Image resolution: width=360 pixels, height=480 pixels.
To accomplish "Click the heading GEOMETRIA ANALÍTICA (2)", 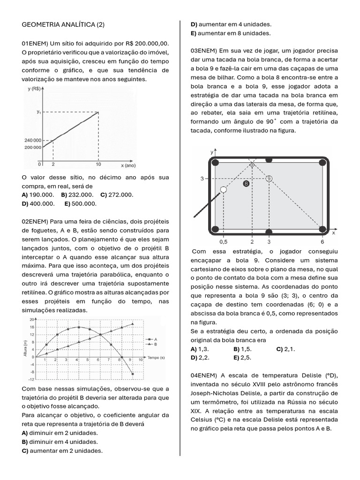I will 64,24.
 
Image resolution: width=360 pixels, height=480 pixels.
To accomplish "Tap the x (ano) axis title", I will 128,165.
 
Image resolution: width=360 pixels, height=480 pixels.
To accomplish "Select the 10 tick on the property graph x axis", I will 98,164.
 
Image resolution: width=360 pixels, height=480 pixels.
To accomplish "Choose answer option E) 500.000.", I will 81,203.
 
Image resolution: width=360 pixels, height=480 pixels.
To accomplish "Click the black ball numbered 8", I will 246,184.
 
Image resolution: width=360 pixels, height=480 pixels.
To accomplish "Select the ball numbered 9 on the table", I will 269,179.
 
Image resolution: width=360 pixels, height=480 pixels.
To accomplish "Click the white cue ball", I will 223,190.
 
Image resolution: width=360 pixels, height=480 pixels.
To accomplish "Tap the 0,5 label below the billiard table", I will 224,242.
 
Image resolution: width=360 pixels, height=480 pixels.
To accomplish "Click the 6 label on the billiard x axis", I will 322,242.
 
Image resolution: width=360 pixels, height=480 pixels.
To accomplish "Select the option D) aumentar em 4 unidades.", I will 230,24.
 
